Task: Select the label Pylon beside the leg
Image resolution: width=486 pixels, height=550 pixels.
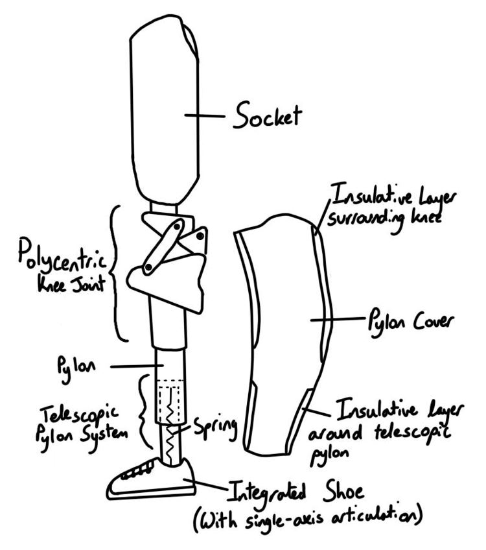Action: (x=76, y=366)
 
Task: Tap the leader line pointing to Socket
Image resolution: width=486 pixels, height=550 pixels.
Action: (x=204, y=117)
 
